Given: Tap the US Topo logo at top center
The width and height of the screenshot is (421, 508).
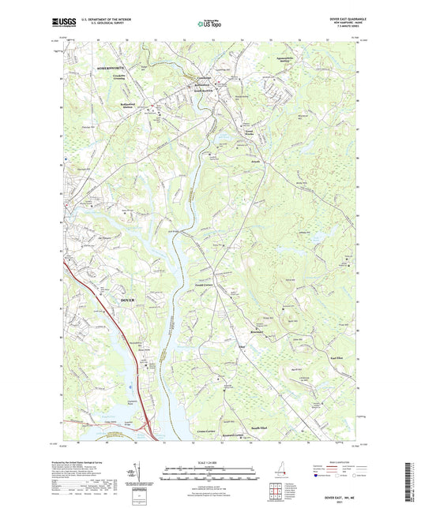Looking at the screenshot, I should (209, 24).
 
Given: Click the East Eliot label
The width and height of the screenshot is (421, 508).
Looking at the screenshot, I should (334, 357).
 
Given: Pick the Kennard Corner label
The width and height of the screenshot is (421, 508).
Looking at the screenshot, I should (236, 435).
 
